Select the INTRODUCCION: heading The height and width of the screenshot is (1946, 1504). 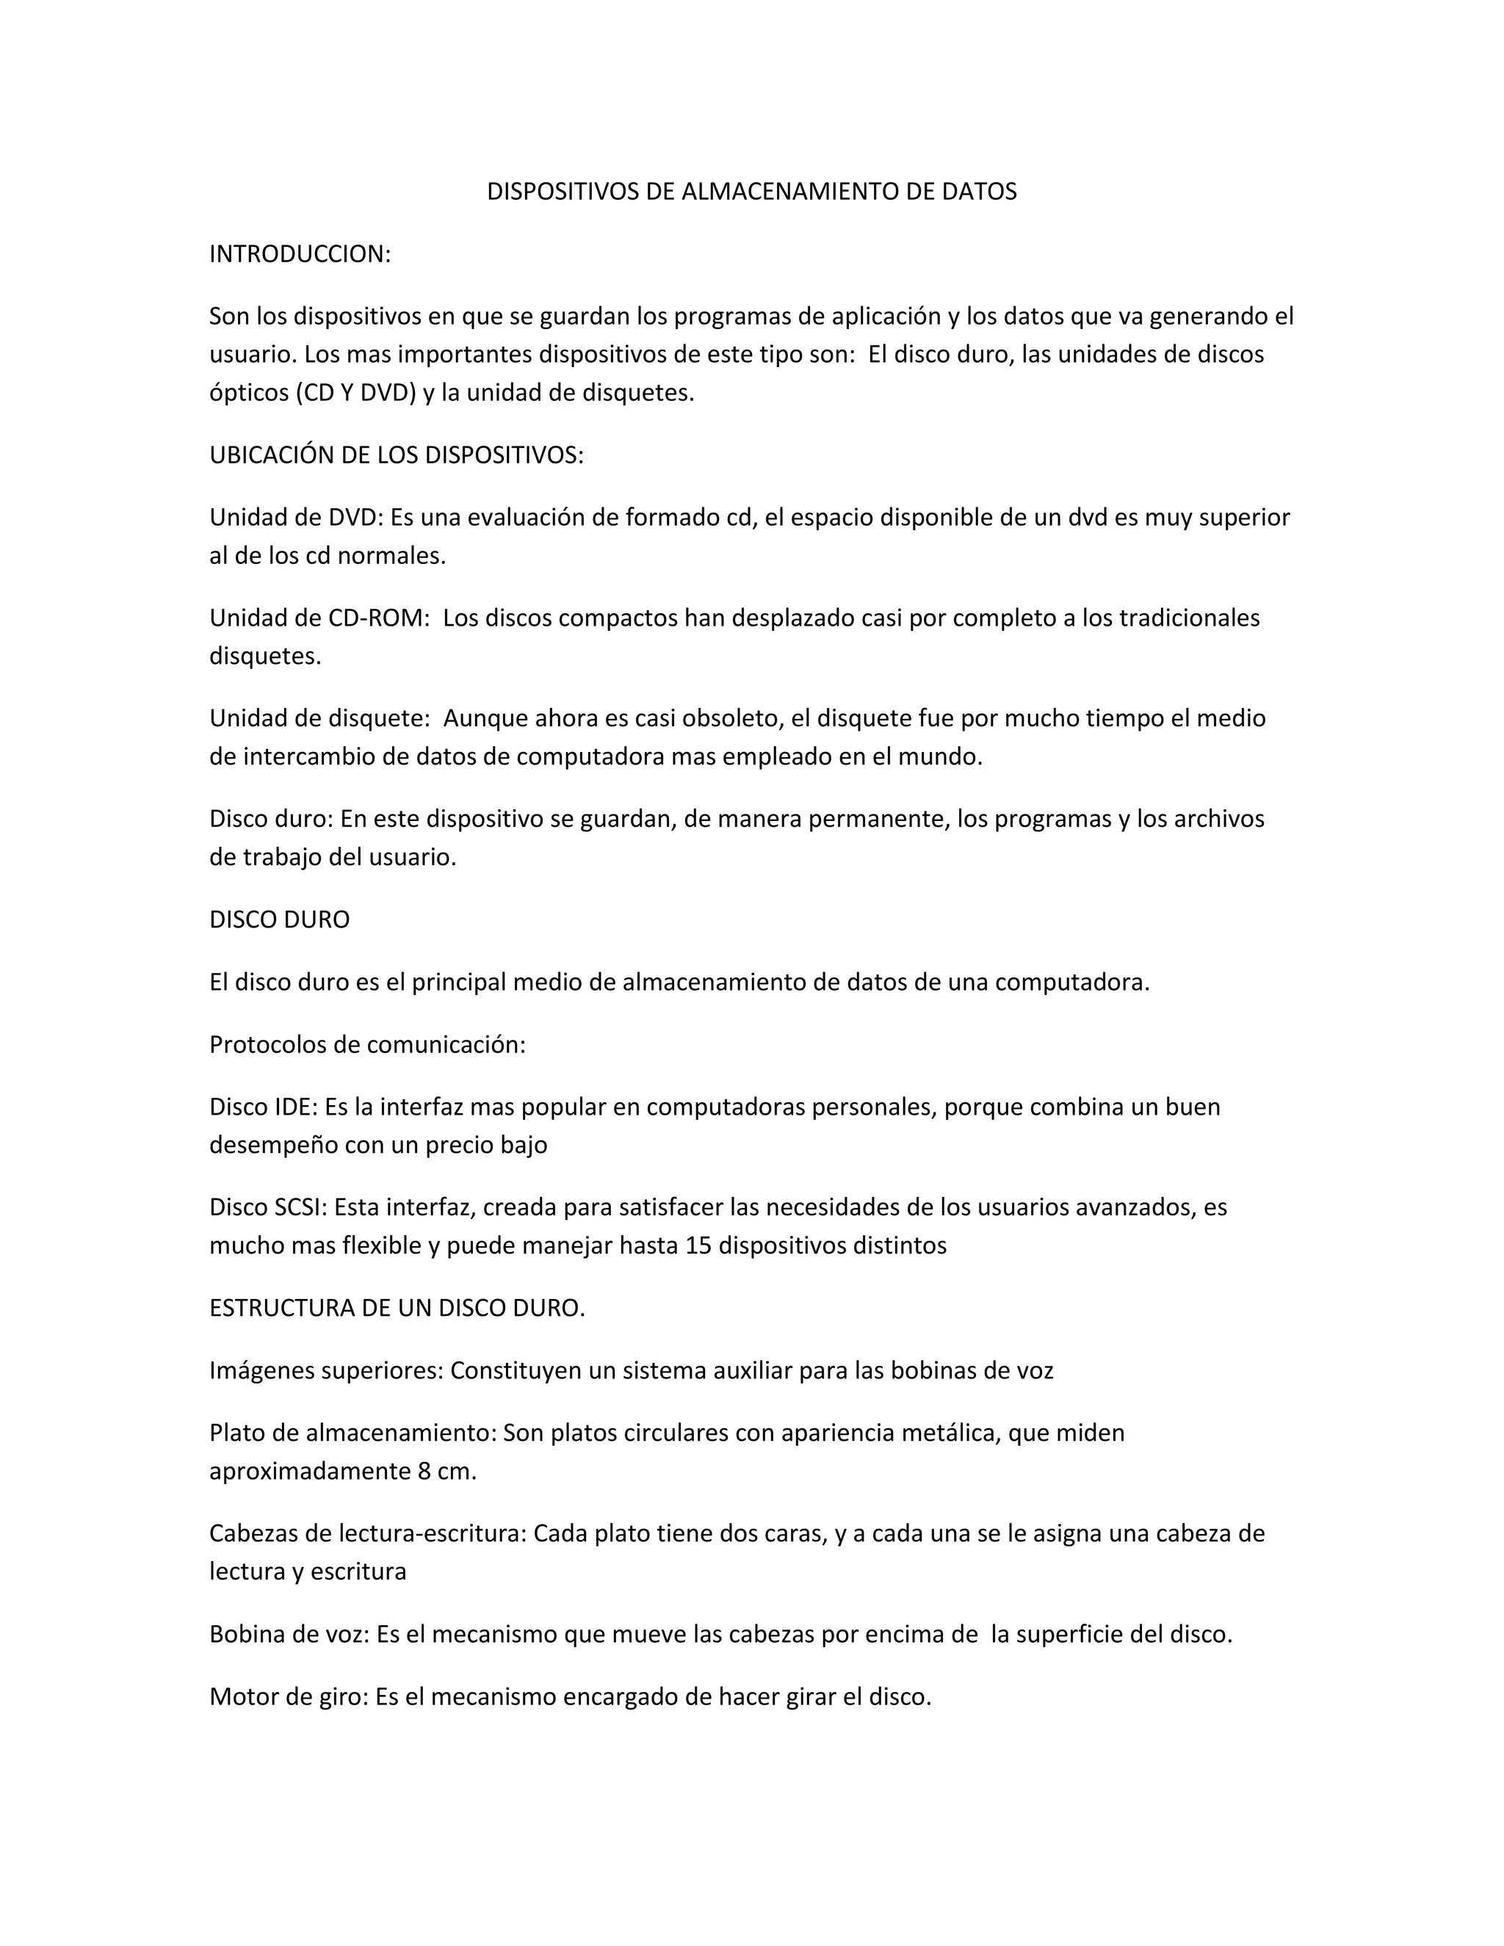tap(300, 254)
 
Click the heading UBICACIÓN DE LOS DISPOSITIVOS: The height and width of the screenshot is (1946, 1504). tap(397, 455)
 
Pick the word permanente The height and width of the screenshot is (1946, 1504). tap(875, 819)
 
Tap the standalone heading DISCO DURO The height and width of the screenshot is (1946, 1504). tap(280, 919)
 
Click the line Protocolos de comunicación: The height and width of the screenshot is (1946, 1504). tap(367, 1044)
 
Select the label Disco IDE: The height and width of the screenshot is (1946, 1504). tap(264, 1107)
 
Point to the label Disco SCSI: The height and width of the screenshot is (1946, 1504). tap(269, 1207)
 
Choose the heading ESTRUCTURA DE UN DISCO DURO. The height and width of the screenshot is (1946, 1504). tap(397, 1308)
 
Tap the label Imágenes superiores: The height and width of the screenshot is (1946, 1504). tap(326, 1370)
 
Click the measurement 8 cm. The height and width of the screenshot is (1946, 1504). tap(446, 1471)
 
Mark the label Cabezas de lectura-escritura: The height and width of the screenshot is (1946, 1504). tap(368, 1533)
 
